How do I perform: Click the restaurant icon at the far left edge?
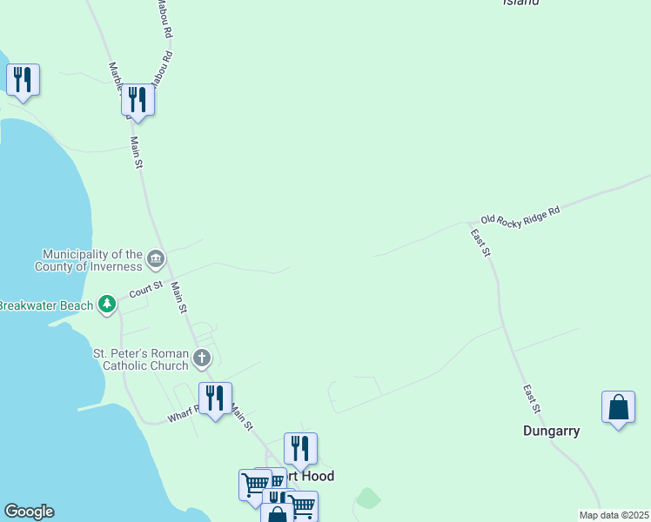tap(23, 81)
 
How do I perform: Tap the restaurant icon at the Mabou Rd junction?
tap(138, 100)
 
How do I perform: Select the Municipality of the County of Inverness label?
tap(88, 260)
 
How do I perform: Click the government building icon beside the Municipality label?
tap(156, 258)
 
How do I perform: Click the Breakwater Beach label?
tap(45, 305)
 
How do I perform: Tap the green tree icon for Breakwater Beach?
tap(107, 304)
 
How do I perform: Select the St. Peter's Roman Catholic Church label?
tap(141, 359)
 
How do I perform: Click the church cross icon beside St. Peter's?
tap(202, 358)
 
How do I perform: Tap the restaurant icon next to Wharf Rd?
tap(215, 398)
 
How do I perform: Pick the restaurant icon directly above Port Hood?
tap(300, 449)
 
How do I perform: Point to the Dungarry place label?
tap(551, 431)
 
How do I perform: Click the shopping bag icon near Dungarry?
tap(618, 407)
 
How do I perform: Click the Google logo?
tap(29, 512)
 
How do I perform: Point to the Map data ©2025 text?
tap(614, 515)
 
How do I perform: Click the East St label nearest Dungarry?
tap(533, 398)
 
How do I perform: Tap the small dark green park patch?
tap(369, 499)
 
